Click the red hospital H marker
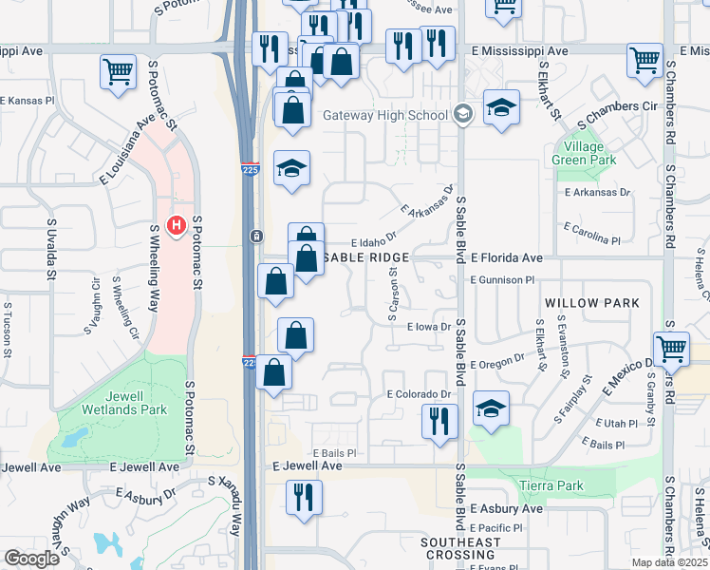point(176,225)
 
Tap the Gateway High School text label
point(385,116)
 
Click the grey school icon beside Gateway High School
point(462,115)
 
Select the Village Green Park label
point(578,153)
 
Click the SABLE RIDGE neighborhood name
point(367,257)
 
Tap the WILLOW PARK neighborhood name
point(592,302)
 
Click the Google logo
point(31,559)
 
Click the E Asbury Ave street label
point(506,508)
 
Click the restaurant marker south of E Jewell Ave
point(304,498)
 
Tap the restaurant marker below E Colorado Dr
point(439,421)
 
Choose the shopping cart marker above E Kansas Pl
point(119,70)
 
